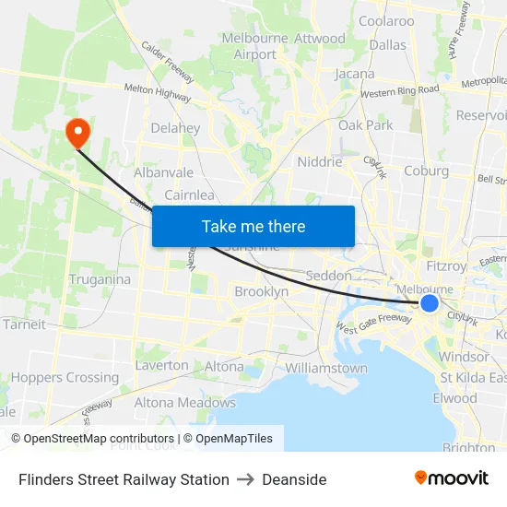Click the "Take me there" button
(x=253, y=226)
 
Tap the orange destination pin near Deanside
(x=77, y=132)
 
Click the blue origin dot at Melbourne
(x=429, y=303)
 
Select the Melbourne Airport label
(x=255, y=46)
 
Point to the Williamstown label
(x=326, y=368)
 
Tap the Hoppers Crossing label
(x=65, y=377)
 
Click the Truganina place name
(x=100, y=278)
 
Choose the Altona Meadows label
(x=185, y=402)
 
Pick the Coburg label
(x=426, y=171)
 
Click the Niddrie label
(x=320, y=161)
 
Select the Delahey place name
(x=175, y=128)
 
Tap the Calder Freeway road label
(x=167, y=62)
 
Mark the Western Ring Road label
(x=399, y=91)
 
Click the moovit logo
(x=452, y=478)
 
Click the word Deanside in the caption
(x=294, y=479)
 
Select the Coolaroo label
(x=386, y=20)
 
